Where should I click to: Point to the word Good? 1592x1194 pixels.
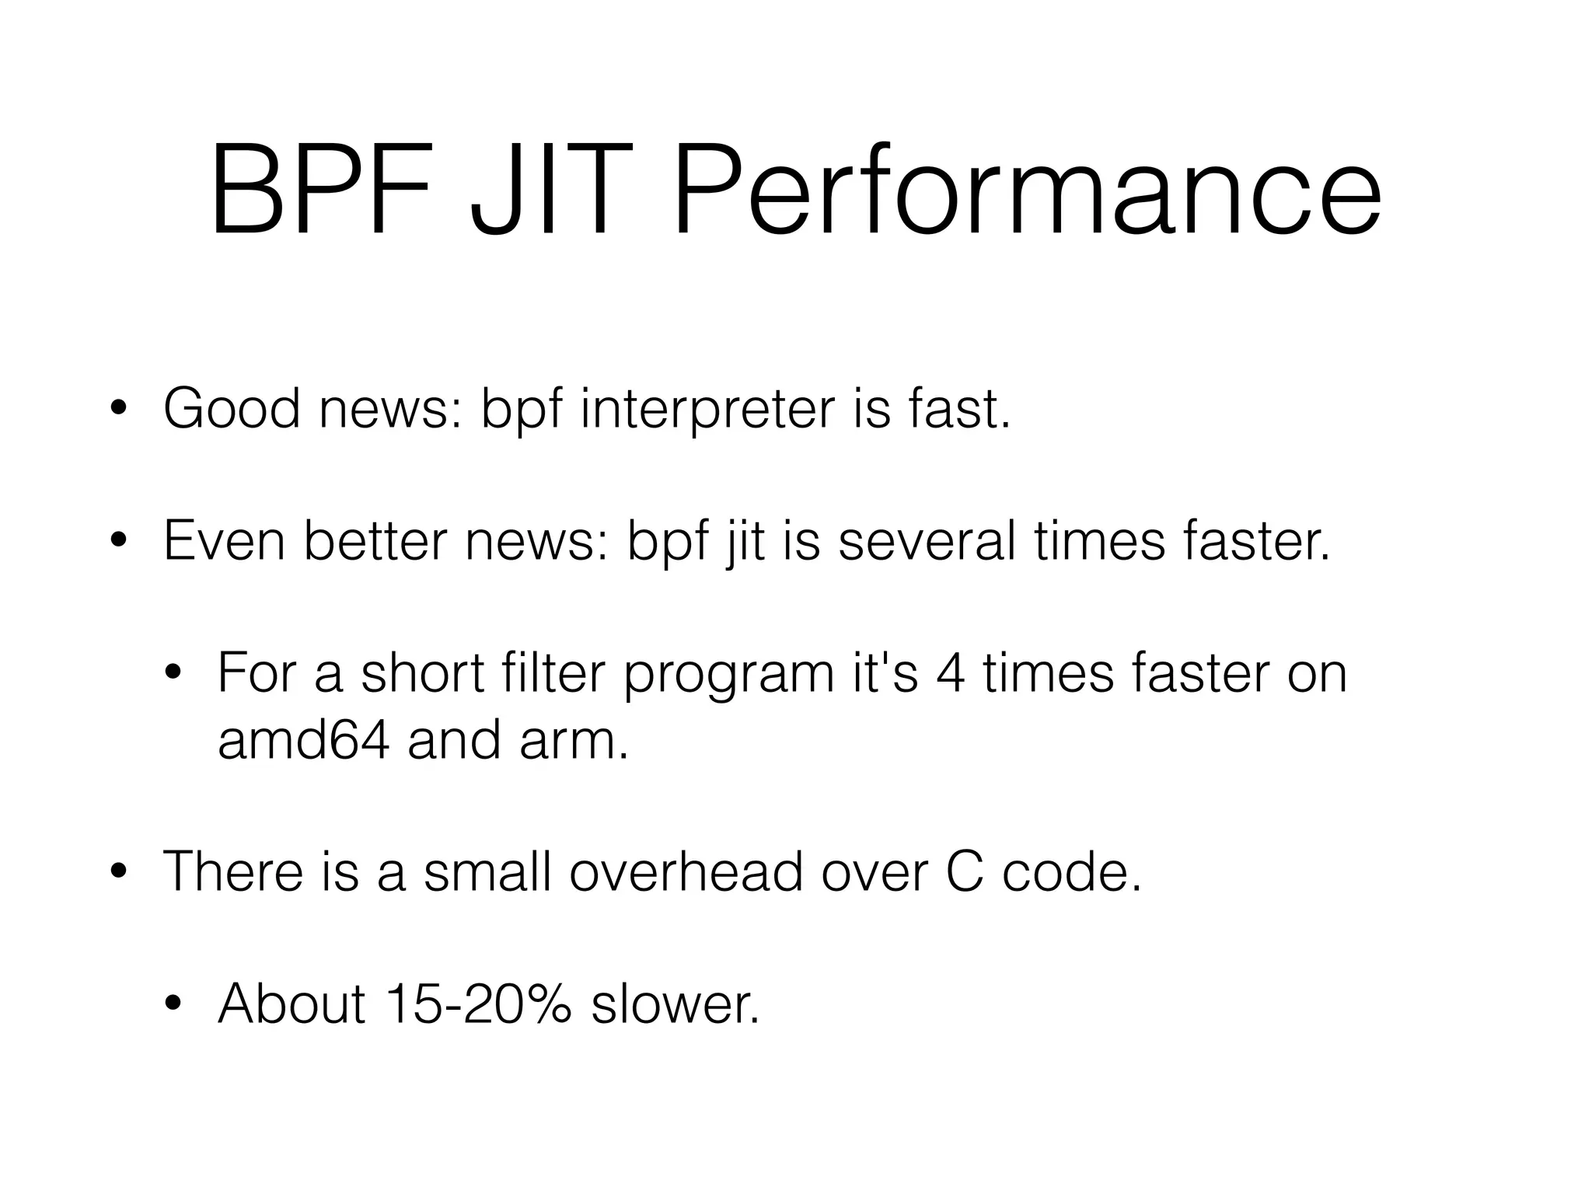(x=232, y=410)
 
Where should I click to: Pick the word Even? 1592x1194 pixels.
(x=225, y=541)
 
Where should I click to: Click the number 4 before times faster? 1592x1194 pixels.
(x=951, y=673)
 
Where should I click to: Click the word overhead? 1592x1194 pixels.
(x=686, y=871)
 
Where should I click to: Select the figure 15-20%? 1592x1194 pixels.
(x=477, y=1004)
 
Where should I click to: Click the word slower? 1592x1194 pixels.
(x=675, y=1004)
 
